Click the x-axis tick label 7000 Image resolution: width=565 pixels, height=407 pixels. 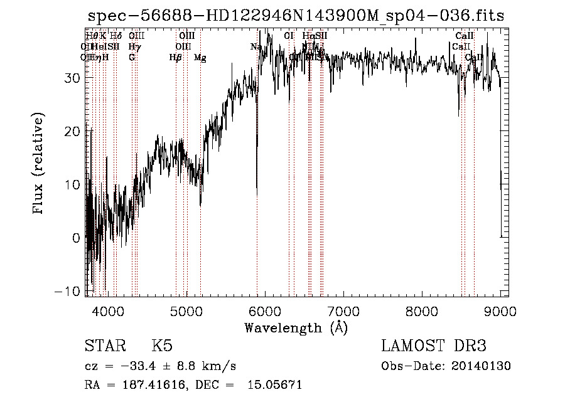coord(343,310)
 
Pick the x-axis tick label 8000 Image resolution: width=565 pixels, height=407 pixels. coord(421,310)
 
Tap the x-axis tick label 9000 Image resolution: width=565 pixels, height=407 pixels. coord(500,310)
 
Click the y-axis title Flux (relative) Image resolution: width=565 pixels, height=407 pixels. coord(39,164)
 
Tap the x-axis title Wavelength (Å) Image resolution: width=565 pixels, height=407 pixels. coord(296,327)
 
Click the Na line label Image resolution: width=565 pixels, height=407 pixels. coord(256,47)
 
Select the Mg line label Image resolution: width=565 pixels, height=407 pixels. coord(200,58)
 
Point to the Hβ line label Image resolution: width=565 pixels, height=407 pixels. coord(175,58)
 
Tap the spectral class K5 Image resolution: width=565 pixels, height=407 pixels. coord(162,346)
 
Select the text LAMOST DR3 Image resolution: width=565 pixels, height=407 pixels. coord(434,346)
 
